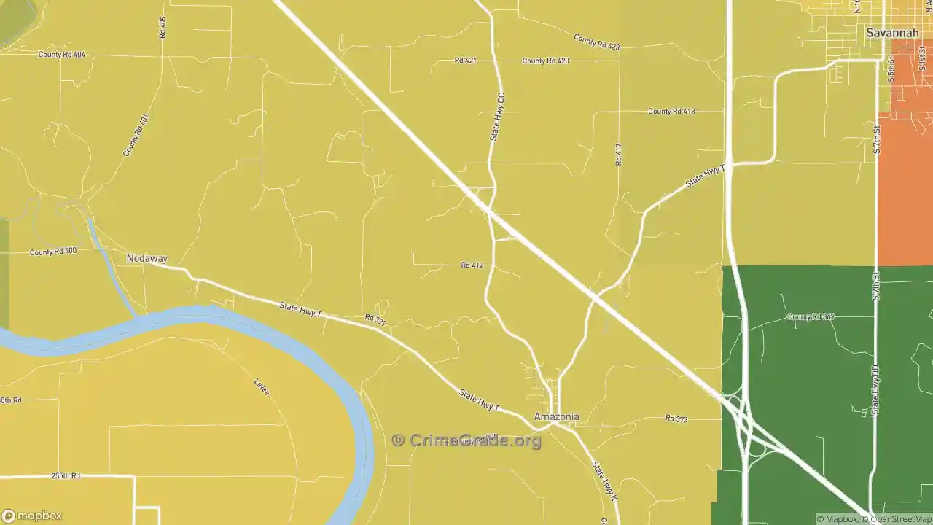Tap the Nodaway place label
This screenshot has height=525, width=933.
click(147, 258)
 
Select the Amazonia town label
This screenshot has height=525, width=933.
click(556, 417)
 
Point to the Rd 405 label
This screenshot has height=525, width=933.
click(163, 28)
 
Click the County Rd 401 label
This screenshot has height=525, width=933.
click(136, 135)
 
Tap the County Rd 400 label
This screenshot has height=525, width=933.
click(53, 252)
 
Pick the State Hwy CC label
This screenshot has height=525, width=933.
click(497, 117)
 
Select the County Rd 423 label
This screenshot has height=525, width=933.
click(596, 42)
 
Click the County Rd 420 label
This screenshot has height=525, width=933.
click(545, 61)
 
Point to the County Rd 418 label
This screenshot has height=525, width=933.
click(671, 112)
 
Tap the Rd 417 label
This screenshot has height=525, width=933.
click(618, 154)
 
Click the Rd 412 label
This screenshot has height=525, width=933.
click(472, 265)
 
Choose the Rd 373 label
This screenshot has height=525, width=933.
click(676, 419)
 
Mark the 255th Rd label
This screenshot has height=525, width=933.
click(66, 475)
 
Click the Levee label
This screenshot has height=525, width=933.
click(262, 387)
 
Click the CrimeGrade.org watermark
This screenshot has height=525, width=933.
click(466, 440)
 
